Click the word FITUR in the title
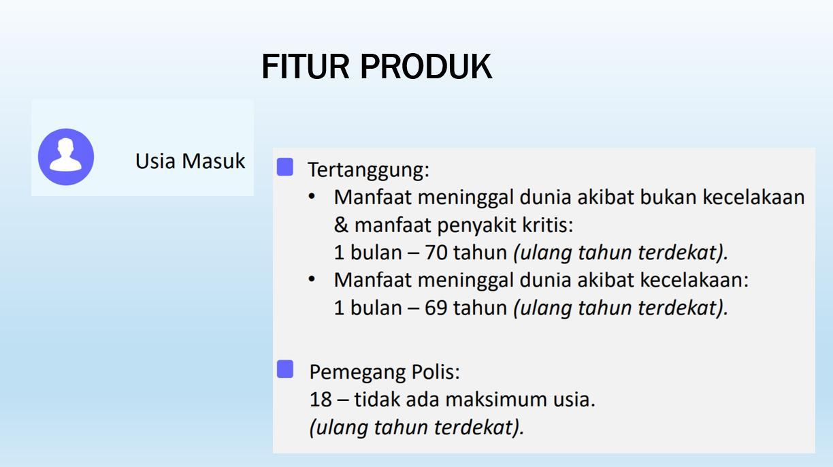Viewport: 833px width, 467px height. [306, 67]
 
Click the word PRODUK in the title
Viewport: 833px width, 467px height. [426, 67]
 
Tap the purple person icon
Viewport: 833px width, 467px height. [66, 157]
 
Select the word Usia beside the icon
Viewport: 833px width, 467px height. [155, 161]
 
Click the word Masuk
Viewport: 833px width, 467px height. [214, 161]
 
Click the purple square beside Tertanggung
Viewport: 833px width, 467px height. [285, 167]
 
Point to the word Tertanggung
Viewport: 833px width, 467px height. [369, 170]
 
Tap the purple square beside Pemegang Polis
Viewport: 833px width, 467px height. [285, 369]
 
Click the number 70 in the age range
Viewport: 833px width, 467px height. [436, 253]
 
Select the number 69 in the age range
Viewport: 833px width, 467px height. [436, 308]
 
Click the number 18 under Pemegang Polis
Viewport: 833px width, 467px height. [321, 400]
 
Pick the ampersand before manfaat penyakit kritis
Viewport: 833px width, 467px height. [341, 225]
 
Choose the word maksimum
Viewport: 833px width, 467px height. [495, 400]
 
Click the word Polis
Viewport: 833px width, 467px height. [436, 372]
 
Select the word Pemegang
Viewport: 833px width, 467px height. [357, 373]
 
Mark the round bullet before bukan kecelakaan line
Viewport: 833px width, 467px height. [312, 197]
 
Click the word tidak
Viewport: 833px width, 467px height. [376, 400]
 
